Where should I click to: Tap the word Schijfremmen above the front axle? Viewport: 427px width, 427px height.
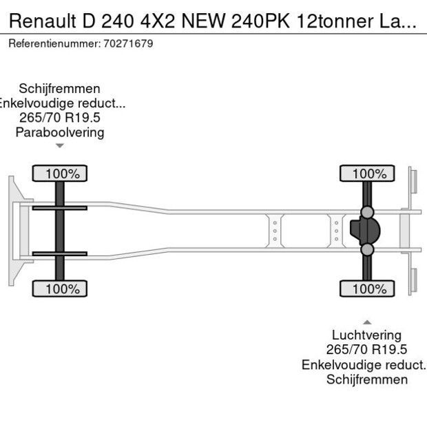60,89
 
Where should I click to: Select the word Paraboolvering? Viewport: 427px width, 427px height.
60,132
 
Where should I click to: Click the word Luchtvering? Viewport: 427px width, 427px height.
367,336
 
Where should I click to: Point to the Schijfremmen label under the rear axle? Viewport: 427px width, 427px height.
367,379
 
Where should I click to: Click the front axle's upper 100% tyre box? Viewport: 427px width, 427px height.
59,174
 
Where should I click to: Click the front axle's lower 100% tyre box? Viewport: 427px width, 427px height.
59,289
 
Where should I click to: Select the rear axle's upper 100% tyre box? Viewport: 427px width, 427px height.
366,174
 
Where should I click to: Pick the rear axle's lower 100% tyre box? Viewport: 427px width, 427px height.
366,289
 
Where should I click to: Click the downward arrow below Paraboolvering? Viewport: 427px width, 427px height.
60,145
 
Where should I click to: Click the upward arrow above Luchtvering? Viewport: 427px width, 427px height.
367,322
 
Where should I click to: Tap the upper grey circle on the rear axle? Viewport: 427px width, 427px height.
368,211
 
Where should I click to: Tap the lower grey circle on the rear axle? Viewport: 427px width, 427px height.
368,249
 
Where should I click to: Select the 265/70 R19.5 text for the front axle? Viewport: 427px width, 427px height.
60,118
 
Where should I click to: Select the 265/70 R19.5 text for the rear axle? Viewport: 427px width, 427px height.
367,351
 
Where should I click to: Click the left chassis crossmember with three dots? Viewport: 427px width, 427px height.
275,231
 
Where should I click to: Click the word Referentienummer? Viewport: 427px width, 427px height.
52,44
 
